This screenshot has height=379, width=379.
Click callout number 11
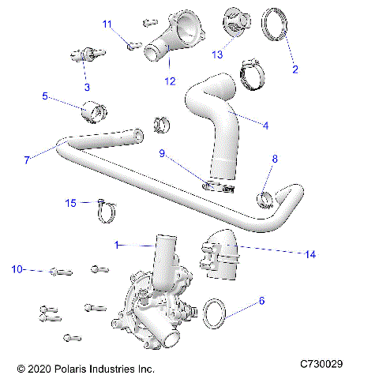tap(108, 24)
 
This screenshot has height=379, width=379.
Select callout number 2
tap(295, 69)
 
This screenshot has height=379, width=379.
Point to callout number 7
tap(27, 159)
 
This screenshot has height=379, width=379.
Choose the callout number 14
tap(311, 253)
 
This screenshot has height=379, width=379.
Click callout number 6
tap(261, 301)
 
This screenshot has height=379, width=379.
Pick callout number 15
tap(71, 203)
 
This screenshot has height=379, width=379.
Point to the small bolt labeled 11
tap(132, 44)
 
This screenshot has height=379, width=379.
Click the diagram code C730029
tap(321, 365)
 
